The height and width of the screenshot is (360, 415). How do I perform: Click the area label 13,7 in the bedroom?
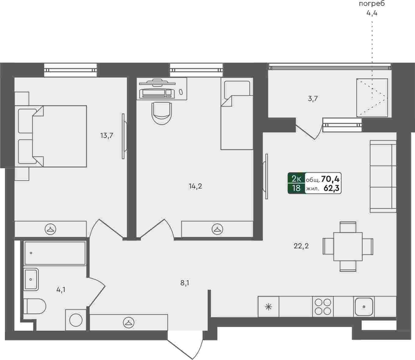pos(107,136)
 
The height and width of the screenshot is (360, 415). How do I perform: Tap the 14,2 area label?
pos(195,186)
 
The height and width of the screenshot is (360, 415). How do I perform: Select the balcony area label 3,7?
pos(313,99)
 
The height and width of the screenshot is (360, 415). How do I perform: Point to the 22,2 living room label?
pos(301,246)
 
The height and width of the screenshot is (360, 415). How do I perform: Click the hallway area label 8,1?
pos(184,283)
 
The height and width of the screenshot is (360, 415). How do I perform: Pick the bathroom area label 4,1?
pos(61,290)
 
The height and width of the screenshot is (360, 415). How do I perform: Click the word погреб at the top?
pos(372,4)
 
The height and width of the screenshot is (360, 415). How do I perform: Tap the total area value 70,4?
pos(330,178)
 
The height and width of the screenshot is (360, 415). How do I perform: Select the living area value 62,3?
pos(331,188)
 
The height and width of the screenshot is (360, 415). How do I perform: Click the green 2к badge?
pos(296,178)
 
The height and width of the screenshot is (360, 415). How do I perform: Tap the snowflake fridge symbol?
pos(268,307)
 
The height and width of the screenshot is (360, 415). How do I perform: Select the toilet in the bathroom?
pos(35,306)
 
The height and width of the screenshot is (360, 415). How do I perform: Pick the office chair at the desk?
pos(162,113)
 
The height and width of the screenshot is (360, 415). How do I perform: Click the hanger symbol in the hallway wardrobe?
pos(129,323)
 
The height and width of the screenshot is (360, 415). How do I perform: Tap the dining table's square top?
pos(348,247)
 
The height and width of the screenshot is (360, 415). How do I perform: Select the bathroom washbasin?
pos(31,279)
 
